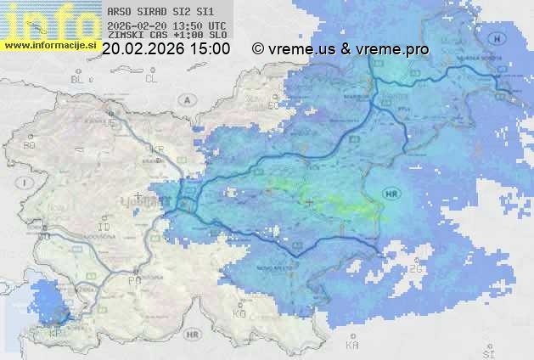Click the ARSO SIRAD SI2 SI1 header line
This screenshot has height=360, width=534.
155,13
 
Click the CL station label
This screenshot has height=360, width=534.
152,79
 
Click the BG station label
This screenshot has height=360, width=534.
28,145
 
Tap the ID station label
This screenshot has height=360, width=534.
104,228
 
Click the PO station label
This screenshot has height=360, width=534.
133,279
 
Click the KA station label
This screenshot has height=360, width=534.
352,346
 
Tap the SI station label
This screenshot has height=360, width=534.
487,350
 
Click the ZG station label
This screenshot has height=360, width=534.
415,269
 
